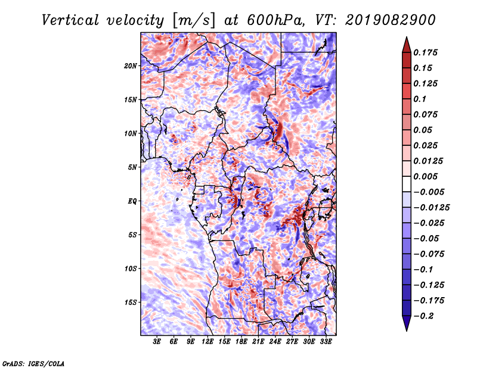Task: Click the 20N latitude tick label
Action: coord(131,66)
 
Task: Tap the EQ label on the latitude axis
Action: coord(132,201)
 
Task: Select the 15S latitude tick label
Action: coord(131,302)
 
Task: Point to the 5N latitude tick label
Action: coord(132,167)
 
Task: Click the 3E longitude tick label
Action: coord(157,342)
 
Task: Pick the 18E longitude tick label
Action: coord(241,342)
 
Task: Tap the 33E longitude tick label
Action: coord(326,342)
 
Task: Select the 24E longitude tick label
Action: coord(275,342)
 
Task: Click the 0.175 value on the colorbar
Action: coord(425,52)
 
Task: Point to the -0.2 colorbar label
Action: coord(423,316)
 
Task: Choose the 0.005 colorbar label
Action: coord(425,176)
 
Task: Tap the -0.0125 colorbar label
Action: coord(431,208)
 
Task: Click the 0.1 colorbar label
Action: coord(420,99)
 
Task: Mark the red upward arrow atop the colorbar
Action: coord(407,45)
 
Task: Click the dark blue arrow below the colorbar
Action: coord(407,323)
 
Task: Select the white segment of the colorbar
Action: coord(407,184)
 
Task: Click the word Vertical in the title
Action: coord(70,20)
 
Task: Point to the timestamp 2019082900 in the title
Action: coord(391,20)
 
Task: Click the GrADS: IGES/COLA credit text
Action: coord(33,363)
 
